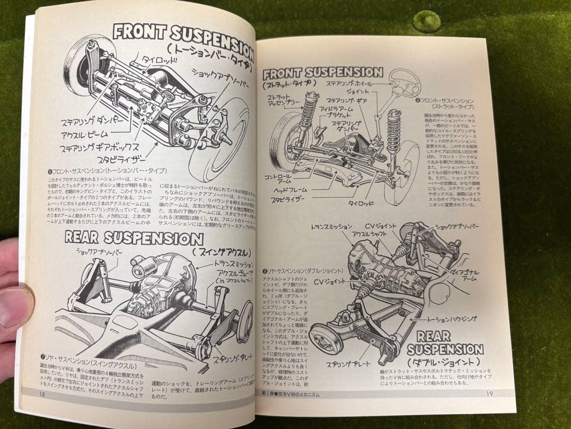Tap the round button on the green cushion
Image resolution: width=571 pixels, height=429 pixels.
coord(426,21)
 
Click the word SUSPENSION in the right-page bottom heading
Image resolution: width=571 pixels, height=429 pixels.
coord(445,350)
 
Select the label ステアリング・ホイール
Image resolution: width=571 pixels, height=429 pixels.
coord(349,84)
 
